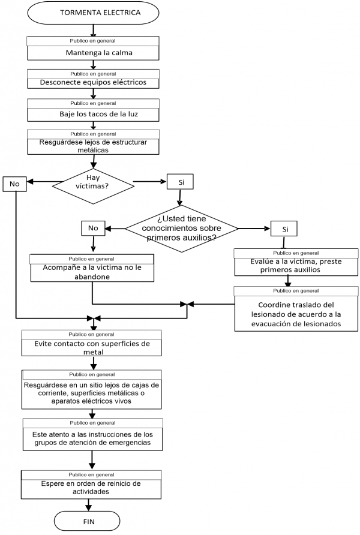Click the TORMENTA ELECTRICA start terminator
click(93, 13)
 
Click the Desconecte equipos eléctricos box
click(93, 82)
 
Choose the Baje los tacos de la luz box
click(93, 113)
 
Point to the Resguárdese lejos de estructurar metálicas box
click(93, 146)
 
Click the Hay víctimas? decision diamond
click(92, 182)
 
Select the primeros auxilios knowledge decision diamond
click(182, 229)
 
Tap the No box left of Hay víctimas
click(15, 184)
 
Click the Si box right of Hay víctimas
click(181, 181)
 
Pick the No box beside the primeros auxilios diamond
click(92, 228)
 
